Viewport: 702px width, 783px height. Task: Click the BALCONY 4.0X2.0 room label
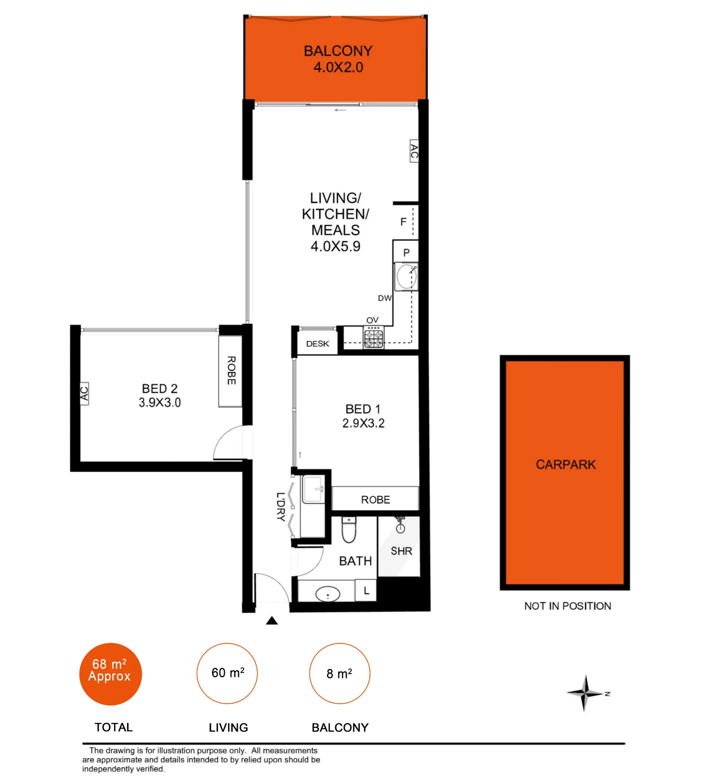[x=338, y=59]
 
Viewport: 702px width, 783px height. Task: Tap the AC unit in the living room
[x=414, y=151]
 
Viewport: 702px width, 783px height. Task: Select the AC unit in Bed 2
[x=84, y=393]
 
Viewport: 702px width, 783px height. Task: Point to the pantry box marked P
[x=406, y=251]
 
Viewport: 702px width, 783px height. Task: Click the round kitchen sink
[x=406, y=276]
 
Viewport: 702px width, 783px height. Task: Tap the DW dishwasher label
[x=385, y=298]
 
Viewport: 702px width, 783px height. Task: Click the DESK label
[x=318, y=344]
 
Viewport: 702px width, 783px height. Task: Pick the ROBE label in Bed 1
[x=375, y=500]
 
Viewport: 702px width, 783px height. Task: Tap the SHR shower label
[x=402, y=551]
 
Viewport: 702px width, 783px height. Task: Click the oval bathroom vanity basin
[x=327, y=594]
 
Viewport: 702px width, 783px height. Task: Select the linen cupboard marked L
[x=366, y=590]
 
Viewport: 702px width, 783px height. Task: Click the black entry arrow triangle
[x=272, y=621]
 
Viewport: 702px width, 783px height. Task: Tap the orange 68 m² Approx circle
[x=110, y=674]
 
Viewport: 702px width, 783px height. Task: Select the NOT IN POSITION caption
[x=568, y=606]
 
